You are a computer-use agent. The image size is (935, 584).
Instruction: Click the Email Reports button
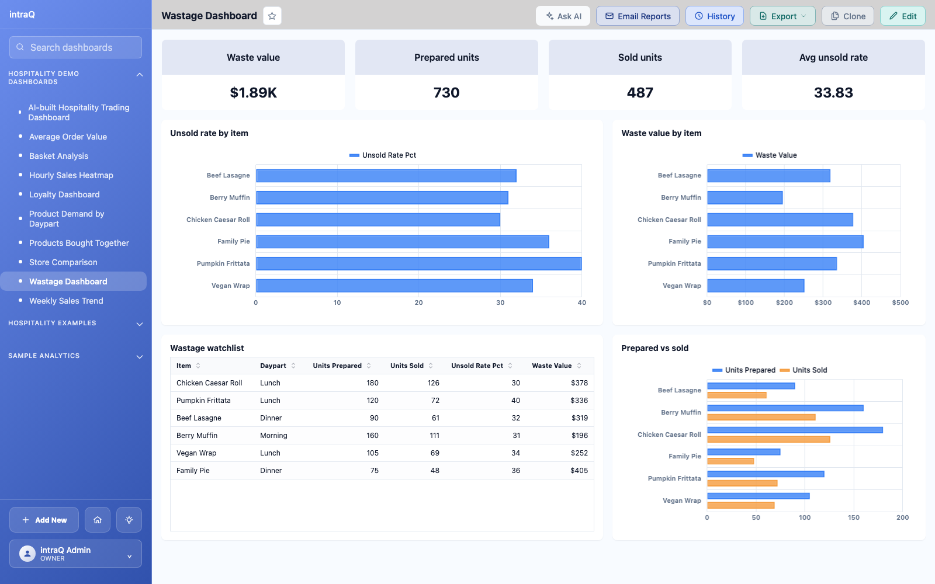click(638, 16)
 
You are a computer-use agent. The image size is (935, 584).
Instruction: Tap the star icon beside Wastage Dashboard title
click(272, 16)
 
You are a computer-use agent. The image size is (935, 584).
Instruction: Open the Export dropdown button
click(782, 16)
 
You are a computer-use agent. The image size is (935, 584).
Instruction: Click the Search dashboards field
click(75, 47)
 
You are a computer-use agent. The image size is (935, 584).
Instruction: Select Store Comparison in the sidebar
click(63, 262)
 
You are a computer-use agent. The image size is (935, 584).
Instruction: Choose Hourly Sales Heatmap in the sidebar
click(71, 175)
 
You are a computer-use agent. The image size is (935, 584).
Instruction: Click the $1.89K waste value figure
click(254, 92)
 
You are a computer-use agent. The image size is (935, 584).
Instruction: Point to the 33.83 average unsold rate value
click(833, 92)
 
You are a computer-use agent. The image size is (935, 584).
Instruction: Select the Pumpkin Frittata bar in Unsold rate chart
click(418, 263)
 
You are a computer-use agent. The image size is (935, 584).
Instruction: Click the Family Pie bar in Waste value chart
click(785, 242)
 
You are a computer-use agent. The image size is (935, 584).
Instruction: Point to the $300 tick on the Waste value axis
click(823, 303)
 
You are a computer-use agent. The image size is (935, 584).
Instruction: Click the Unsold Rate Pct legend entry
click(383, 155)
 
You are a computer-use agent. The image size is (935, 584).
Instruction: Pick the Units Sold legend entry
click(804, 370)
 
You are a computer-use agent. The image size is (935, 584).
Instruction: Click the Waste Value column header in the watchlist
click(552, 366)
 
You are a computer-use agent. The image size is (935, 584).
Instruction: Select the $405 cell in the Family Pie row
click(579, 470)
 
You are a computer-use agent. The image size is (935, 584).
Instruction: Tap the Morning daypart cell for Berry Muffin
click(273, 435)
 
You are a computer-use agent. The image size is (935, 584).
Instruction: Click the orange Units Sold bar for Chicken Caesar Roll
click(768, 439)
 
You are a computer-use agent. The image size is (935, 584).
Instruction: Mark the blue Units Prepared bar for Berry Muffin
click(785, 408)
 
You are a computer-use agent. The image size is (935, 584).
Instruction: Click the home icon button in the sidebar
click(97, 520)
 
